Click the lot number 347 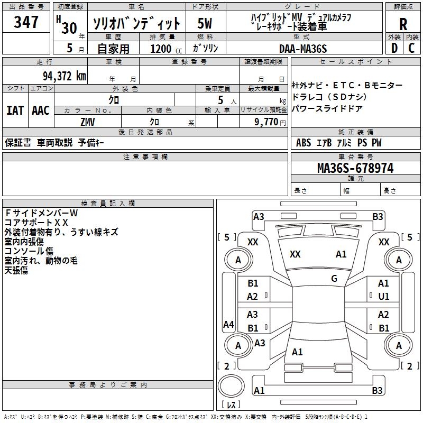(x=26, y=23)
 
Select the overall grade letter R (x=403, y=24)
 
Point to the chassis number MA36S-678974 (x=355, y=168)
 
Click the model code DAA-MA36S (x=303, y=48)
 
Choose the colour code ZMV (x=88, y=121)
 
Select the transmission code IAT (x=15, y=111)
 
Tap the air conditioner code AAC (x=40, y=111)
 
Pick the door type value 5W (x=205, y=23)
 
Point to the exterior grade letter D (x=394, y=48)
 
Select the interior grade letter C (x=412, y=48)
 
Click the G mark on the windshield (x=334, y=279)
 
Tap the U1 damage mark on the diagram (x=384, y=297)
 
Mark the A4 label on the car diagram (x=228, y=325)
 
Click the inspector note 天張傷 (x=16, y=270)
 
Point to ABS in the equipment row (x=304, y=143)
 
